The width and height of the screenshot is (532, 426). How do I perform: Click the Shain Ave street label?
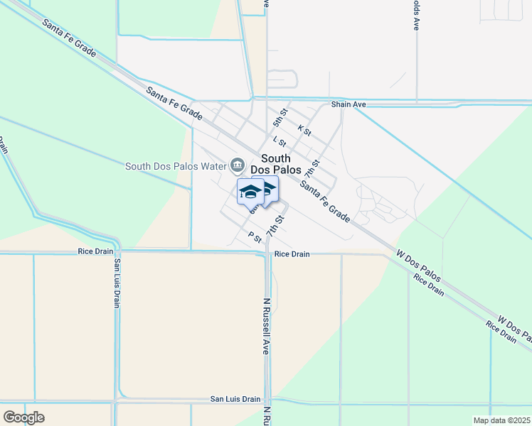[349, 104]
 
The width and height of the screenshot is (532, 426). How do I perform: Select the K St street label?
[304, 131]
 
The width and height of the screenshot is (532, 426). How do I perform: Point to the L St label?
[279, 143]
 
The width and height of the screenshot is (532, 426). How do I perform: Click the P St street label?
[255, 236]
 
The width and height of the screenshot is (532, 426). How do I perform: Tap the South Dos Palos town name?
[275, 164]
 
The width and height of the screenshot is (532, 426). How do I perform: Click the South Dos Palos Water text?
[175, 167]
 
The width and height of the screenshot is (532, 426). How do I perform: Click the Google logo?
[23, 417]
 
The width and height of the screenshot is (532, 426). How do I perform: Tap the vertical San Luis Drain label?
[116, 283]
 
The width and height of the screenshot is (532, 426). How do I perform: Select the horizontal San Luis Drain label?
[235, 399]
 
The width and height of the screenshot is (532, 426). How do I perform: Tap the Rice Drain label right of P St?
[292, 253]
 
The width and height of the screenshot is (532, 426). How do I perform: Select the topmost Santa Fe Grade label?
[69, 38]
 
